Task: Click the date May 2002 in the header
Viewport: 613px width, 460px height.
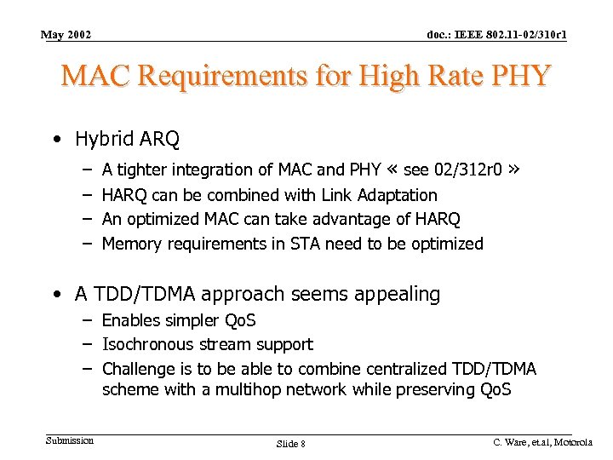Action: (x=66, y=35)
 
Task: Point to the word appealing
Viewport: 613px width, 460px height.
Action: (x=393, y=295)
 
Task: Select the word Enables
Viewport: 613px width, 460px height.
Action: (x=130, y=320)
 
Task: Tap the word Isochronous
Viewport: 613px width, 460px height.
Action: (x=146, y=345)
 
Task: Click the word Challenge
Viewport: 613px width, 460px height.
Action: (x=137, y=369)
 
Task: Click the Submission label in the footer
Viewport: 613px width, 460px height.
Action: (x=70, y=440)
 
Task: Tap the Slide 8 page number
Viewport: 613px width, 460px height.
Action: (x=291, y=444)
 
